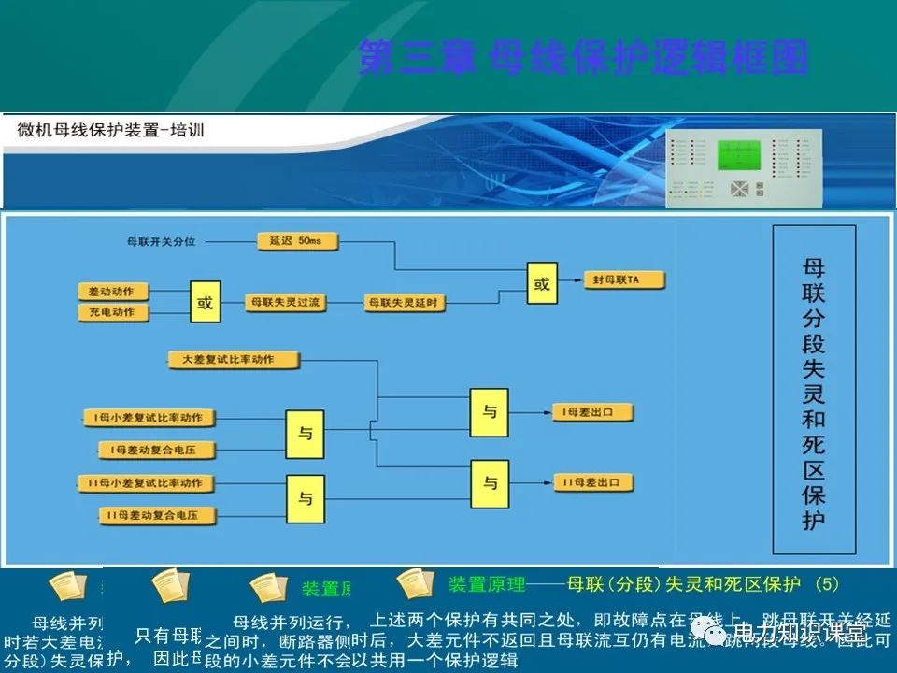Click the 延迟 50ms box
(x=295, y=241)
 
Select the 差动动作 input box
(x=112, y=293)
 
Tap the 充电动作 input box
(x=112, y=312)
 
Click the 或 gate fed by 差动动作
(x=206, y=302)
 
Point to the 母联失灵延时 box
(x=403, y=302)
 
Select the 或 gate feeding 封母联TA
(x=541, y=284)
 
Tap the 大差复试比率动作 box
(x=234, y=360)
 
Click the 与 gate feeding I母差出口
(x=490, y=411)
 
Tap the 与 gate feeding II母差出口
(x=490, y=483)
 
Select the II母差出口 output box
(x=593, y=483)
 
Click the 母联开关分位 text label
(x=162, y=242)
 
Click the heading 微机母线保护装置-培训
(x=111, y=130)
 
